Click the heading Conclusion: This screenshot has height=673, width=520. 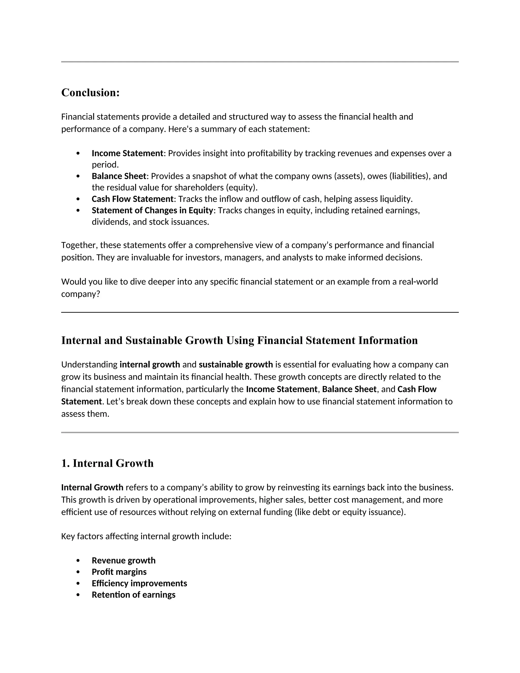coord(90,92)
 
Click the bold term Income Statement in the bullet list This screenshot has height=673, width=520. coord(127,153)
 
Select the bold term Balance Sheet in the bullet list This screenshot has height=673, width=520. coord(119,176)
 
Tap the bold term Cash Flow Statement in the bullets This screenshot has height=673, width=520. coord(133,199)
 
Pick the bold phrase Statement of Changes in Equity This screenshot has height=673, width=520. coord(152,210)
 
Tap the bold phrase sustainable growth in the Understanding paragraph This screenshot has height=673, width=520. coord(236,364)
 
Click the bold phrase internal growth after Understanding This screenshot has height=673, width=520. coord(150,364)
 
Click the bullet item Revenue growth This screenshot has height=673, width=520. coord(124,560)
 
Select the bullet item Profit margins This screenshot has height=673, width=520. coord(119,572)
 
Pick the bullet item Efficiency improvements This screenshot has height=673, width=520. coord(139,583)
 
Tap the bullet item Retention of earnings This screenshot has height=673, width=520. coord(133,595)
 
